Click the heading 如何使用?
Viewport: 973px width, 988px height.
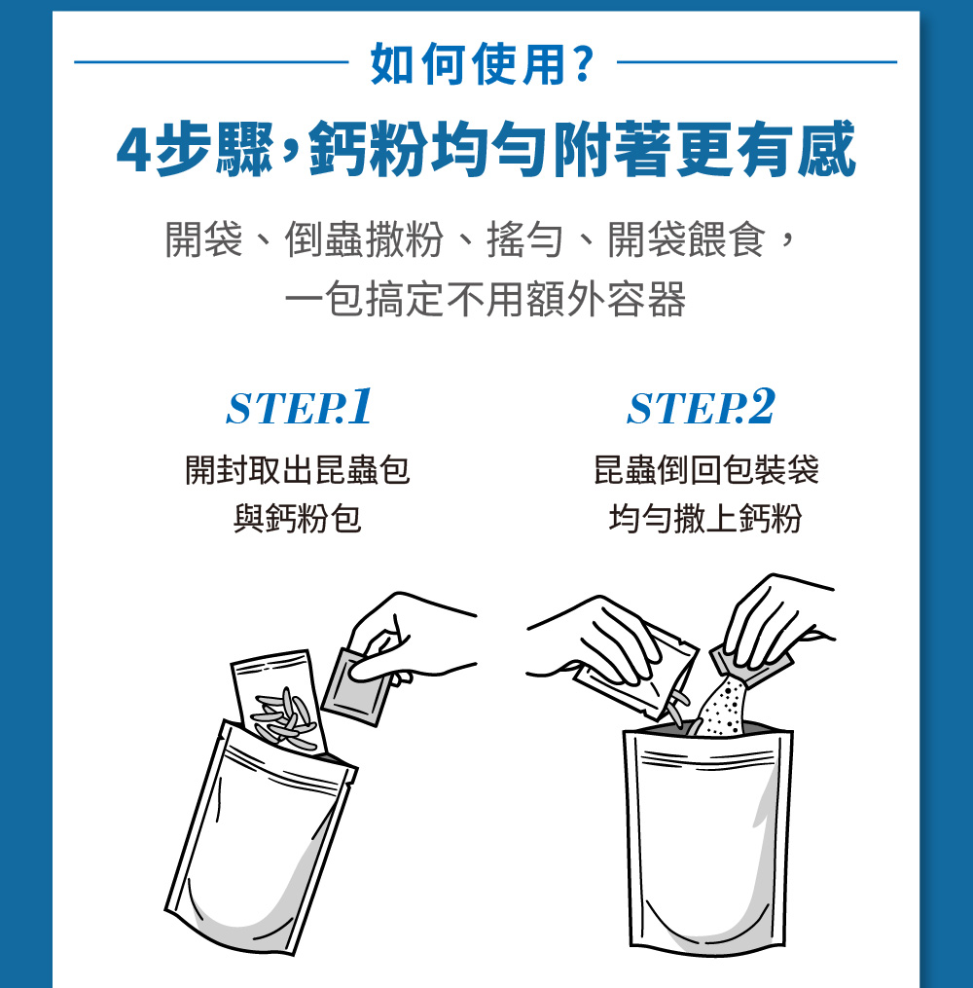click(482, 63)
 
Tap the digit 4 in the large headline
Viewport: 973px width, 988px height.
click(133, 150)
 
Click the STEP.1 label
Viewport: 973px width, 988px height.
click(299, 407)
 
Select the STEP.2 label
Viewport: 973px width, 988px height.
click(701, 407)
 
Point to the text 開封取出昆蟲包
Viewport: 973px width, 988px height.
click(298, 470)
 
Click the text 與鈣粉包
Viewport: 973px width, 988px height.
click(298, 519)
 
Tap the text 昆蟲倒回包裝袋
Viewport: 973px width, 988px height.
click(706, 470)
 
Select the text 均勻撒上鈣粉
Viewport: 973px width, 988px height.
click(705, 519)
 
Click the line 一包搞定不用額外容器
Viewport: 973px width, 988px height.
click(485, 299)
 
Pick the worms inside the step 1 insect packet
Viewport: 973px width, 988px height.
click(283, 718)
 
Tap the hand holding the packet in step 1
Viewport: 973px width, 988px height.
click(410, 637)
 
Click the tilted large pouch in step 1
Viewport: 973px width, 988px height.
click(258, 838)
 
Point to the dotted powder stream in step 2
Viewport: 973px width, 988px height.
click(723, 706)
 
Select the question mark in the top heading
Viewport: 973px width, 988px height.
click(583, 63)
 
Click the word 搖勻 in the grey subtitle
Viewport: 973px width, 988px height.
click(524, 239)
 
